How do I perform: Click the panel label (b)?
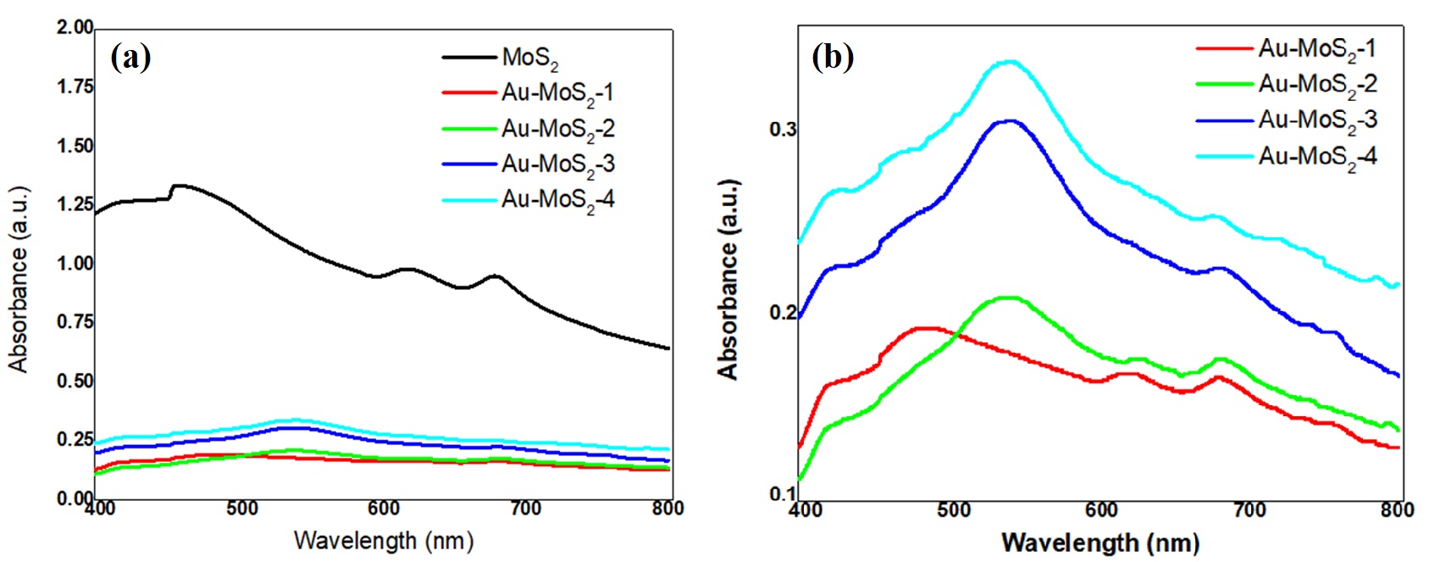[832, 58]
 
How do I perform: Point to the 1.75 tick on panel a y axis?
[75, 87]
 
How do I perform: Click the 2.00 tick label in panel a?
[75, 28]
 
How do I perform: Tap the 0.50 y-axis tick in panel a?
[75, 381]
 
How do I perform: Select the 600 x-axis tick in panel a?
[384, 509]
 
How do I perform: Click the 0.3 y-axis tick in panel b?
[783, 130]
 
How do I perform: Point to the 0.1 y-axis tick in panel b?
[783, 493]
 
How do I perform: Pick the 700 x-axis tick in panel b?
[1249, 510]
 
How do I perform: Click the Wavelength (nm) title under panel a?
[383, 541]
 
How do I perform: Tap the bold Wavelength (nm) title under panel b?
[1099, 543]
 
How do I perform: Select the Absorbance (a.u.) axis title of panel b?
[728, 280]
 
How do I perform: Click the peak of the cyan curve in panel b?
[1008, 62]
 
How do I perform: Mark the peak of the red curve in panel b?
[925, 327]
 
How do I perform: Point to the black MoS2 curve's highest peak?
[178, 186]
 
